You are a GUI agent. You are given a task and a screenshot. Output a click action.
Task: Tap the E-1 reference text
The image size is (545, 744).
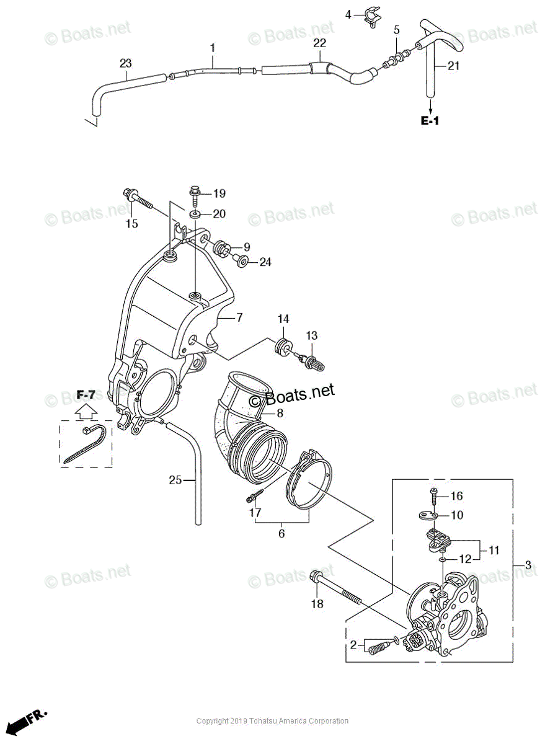pos(430,121)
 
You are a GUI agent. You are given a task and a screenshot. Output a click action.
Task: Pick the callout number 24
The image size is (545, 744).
pos(265,262)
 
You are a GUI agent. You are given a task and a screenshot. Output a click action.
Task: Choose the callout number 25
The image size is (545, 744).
pos(175,479)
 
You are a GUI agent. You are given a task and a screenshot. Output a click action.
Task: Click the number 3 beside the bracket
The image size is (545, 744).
pos(528,565)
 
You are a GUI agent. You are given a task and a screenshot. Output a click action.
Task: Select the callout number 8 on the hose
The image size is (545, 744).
pos(280,414)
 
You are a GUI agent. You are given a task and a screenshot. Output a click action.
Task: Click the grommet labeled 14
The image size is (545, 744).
pos(282,347)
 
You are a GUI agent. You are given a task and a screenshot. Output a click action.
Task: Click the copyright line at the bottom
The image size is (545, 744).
pos(272,721)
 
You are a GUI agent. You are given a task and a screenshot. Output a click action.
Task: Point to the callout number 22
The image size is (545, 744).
pos(320,43)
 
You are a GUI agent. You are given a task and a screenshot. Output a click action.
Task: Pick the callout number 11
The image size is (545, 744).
pos(494,550)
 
